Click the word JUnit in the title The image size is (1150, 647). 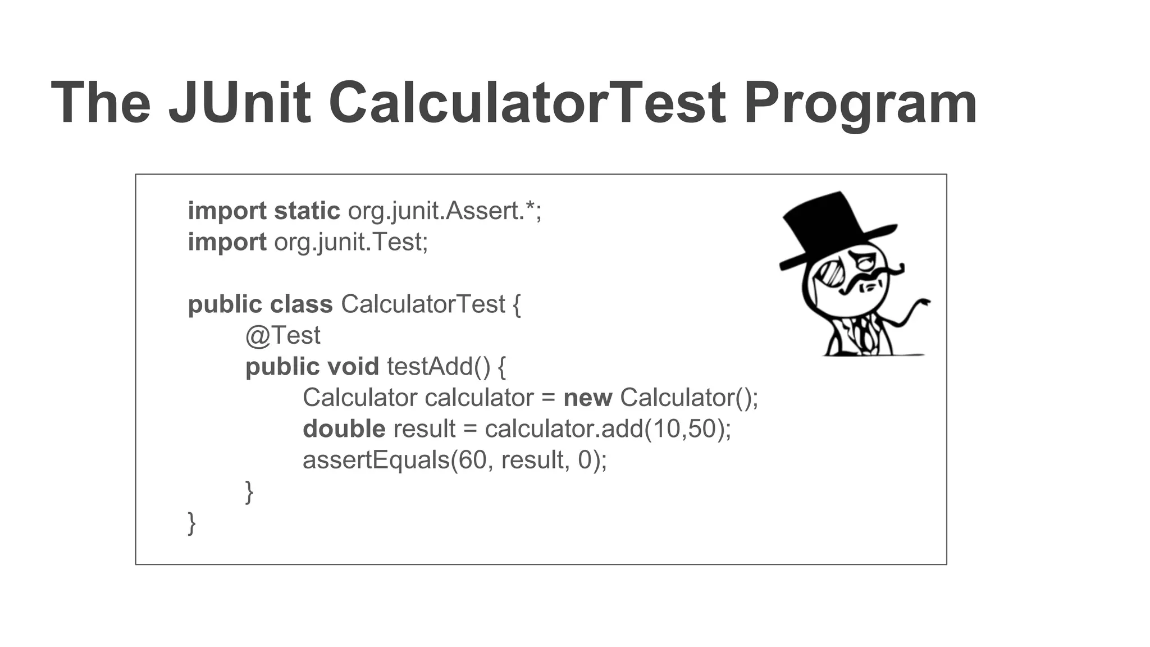coord(239,103)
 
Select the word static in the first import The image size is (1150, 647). coord(307,211)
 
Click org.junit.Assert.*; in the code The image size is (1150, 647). coord(445,211)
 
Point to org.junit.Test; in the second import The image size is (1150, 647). coord(351,242)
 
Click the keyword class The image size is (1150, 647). coord(302,304)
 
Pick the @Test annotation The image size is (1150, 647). coord(282,336)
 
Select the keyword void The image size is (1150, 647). coord(353,367)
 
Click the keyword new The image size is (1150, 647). coord(587,398)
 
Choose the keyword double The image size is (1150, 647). coord(344,429)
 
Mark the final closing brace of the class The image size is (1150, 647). coord(191,523)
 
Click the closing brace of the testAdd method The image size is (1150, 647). coord(249,492)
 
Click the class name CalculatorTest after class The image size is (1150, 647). coord(423,304)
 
